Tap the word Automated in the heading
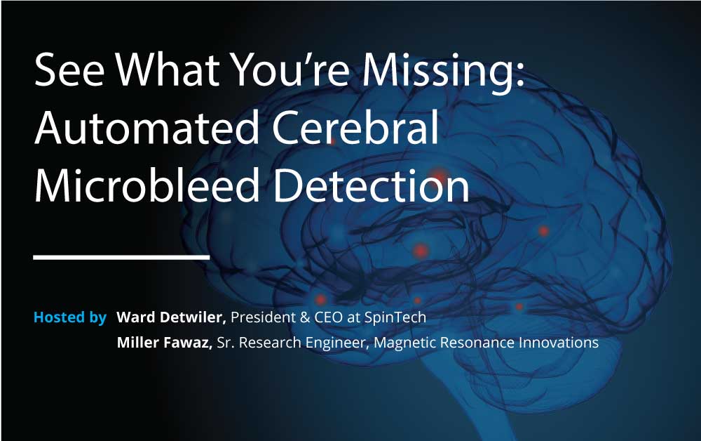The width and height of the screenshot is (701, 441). click(147, 128)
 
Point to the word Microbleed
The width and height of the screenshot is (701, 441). click(147, 184)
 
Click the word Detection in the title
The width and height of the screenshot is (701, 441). click(371, 184)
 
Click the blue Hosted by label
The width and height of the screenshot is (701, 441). click(70, 317)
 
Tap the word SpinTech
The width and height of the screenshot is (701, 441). click(395, 317)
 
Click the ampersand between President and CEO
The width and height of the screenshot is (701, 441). click(305, 317)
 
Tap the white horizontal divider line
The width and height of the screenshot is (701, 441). click(121, 257)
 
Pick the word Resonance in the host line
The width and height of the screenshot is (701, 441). click(477, 343)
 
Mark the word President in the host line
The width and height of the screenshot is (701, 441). click(263, 317)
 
